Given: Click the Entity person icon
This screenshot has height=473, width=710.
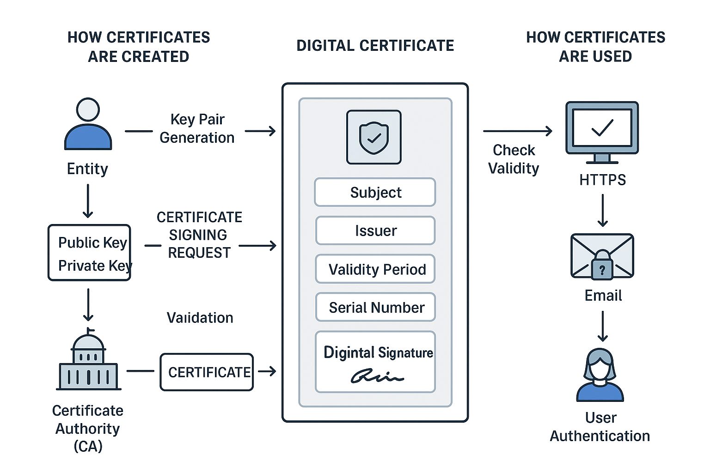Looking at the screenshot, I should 88,124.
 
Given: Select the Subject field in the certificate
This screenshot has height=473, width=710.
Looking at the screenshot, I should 375,192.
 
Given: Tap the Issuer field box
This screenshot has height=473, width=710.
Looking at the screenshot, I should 375,230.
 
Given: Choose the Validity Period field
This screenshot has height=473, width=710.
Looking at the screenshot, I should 375,269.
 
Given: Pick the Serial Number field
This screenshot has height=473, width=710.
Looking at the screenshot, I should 375,307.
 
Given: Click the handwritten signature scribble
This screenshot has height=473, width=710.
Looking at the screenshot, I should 376,376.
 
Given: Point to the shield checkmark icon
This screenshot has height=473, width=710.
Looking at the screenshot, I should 374,137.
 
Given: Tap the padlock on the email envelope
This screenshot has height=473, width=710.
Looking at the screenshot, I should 602,266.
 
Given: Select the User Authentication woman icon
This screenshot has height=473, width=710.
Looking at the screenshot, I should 600,375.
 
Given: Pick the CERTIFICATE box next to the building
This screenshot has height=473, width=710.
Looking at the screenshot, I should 207,372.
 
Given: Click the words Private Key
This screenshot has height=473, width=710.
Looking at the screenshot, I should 94,266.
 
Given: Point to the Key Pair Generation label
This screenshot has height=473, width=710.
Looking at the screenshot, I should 197,128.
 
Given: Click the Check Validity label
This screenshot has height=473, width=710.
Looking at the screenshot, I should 514,159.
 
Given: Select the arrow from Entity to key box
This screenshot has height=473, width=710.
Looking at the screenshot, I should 88,201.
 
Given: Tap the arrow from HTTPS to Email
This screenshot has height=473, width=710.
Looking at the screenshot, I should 602,210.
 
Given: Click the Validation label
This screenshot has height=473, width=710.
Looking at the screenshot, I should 200,318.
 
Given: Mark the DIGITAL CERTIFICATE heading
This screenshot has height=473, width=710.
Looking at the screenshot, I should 375,46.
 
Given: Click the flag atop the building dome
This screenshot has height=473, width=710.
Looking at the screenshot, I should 90,330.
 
